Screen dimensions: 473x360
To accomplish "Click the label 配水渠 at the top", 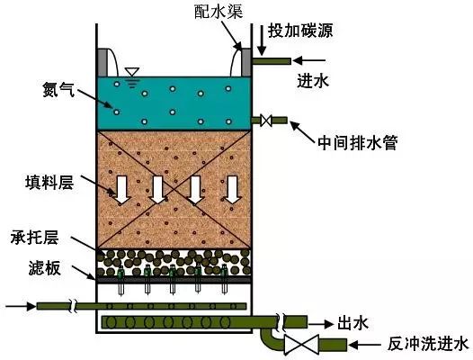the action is [x=219, y=13].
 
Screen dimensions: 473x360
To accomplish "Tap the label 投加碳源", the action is [x=300, y=31].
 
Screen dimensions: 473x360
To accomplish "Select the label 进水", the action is [x=313, y=81].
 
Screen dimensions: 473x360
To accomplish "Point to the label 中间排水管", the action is [x=358, y=142].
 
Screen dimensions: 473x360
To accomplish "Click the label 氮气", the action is [x=58, y=90].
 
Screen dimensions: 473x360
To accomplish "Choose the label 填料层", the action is [x=49, y=182].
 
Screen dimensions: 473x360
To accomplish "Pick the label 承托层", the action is [x=34, y=237].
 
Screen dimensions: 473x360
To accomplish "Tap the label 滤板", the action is [x=45, y=268].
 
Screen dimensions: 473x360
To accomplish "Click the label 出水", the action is [x=353, y=323].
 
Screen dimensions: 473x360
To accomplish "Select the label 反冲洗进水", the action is [x=428, y=345].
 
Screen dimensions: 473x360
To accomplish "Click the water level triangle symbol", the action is [x=132, y=72].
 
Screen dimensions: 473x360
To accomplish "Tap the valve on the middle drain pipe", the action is [x=266, y=121].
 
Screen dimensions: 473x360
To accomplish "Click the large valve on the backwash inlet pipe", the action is [x=301, y=345].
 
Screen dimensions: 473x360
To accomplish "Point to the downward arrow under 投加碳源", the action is [x=262, y=40].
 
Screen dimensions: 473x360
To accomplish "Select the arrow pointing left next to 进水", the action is [x=309, y=60].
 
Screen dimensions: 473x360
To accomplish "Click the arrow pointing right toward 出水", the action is [x=321, y=324].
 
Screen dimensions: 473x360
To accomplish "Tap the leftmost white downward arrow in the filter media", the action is [x=122, y=190].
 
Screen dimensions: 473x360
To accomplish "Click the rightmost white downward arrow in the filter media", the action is [x=232, y=190].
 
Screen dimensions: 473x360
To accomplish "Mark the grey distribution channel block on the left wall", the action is [x=102, y=62].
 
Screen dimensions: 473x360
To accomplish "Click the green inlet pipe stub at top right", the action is [x=272, y=61].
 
